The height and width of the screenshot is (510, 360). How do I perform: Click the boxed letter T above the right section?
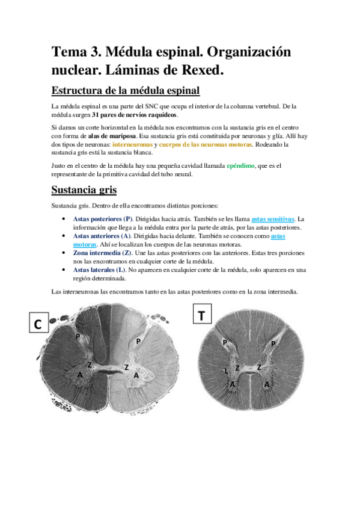201,315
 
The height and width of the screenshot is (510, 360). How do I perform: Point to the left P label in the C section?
78,337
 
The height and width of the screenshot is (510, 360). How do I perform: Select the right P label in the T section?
273,343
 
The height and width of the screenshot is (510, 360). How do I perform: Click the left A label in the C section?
80,375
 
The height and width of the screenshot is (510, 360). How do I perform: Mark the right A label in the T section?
267,383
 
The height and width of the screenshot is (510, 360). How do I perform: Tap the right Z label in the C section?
126,367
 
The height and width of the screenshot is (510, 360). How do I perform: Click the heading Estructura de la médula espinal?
125,91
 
